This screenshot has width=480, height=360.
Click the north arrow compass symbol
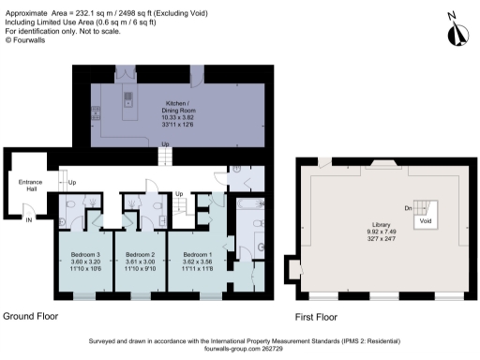pos(457,31)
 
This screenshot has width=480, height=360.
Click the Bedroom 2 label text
pos(141,255)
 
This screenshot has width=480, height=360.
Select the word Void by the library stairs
pos(426,221)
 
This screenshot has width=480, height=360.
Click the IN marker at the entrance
pos(28,219)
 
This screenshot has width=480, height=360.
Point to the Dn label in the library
pos(409,208)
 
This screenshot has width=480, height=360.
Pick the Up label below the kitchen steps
pos(167,143)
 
